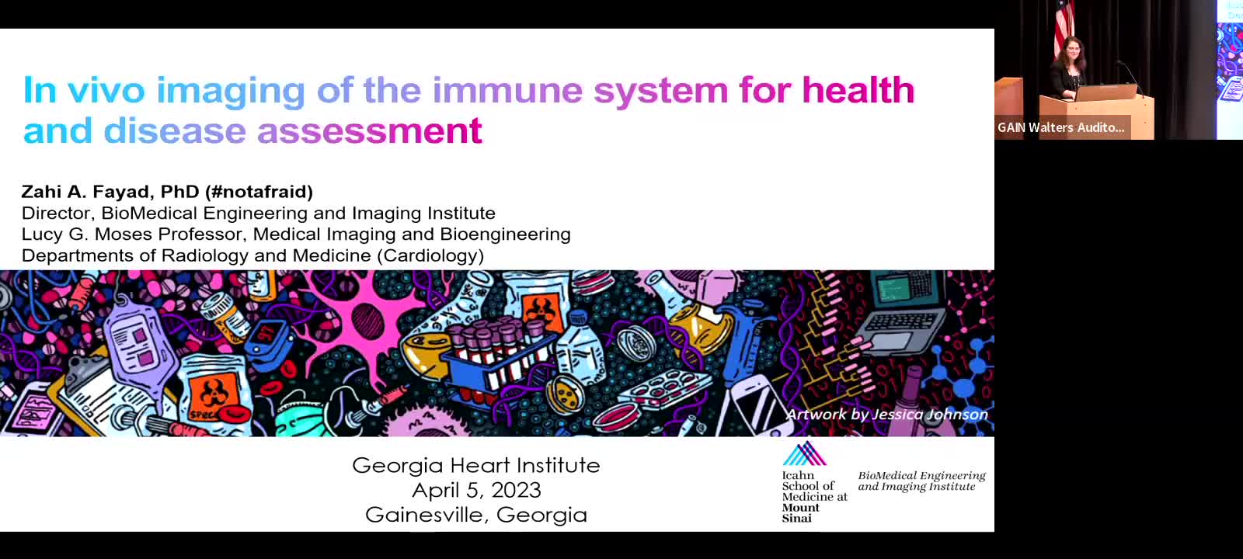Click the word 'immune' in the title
coord(507,90)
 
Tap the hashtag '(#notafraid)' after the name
coord(259,192)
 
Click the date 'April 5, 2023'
coord(477,490)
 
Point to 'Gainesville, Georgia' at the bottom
coord(476,516)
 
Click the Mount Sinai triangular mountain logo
coord(805,453)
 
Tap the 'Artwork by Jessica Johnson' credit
coord(886,415)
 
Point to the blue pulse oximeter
coord(267,339)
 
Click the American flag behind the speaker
coord(1064,25)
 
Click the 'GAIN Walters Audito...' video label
coord(1061,127)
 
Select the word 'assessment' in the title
coord(370,131)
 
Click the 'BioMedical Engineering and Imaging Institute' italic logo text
coord(921,481)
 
